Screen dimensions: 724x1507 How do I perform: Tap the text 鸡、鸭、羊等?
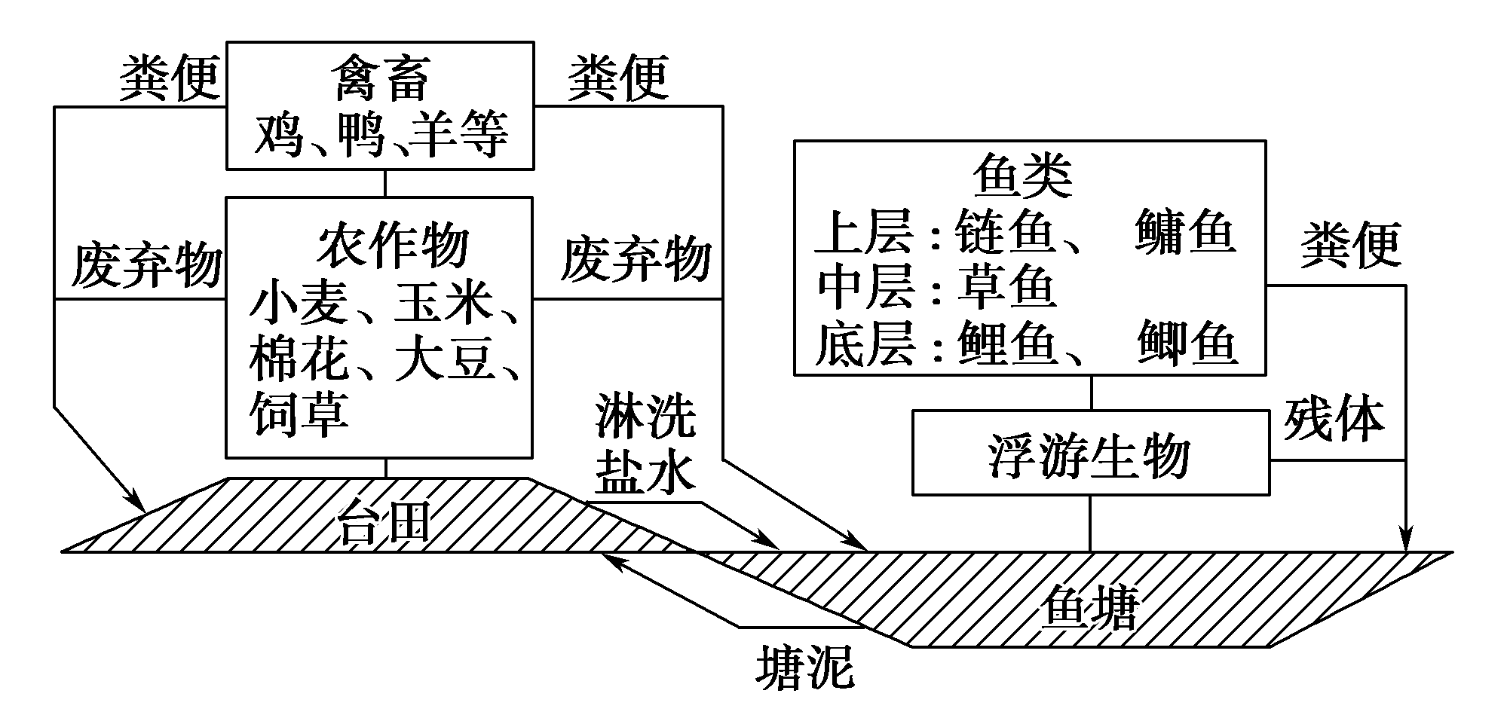pos(381,136)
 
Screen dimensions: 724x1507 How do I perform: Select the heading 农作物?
pos(392,247)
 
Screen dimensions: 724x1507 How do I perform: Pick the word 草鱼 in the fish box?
pos(1007,288)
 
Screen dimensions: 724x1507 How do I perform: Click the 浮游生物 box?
pos(1090,454)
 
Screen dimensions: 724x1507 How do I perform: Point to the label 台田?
pos(383,521)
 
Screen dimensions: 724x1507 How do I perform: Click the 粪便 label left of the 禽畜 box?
pos(169,78)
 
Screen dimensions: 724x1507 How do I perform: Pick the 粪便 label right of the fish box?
pos(1349,245)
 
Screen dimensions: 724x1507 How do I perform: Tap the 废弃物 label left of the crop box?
pos(146,265)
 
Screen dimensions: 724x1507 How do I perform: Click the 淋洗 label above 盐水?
pos(645,415)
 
